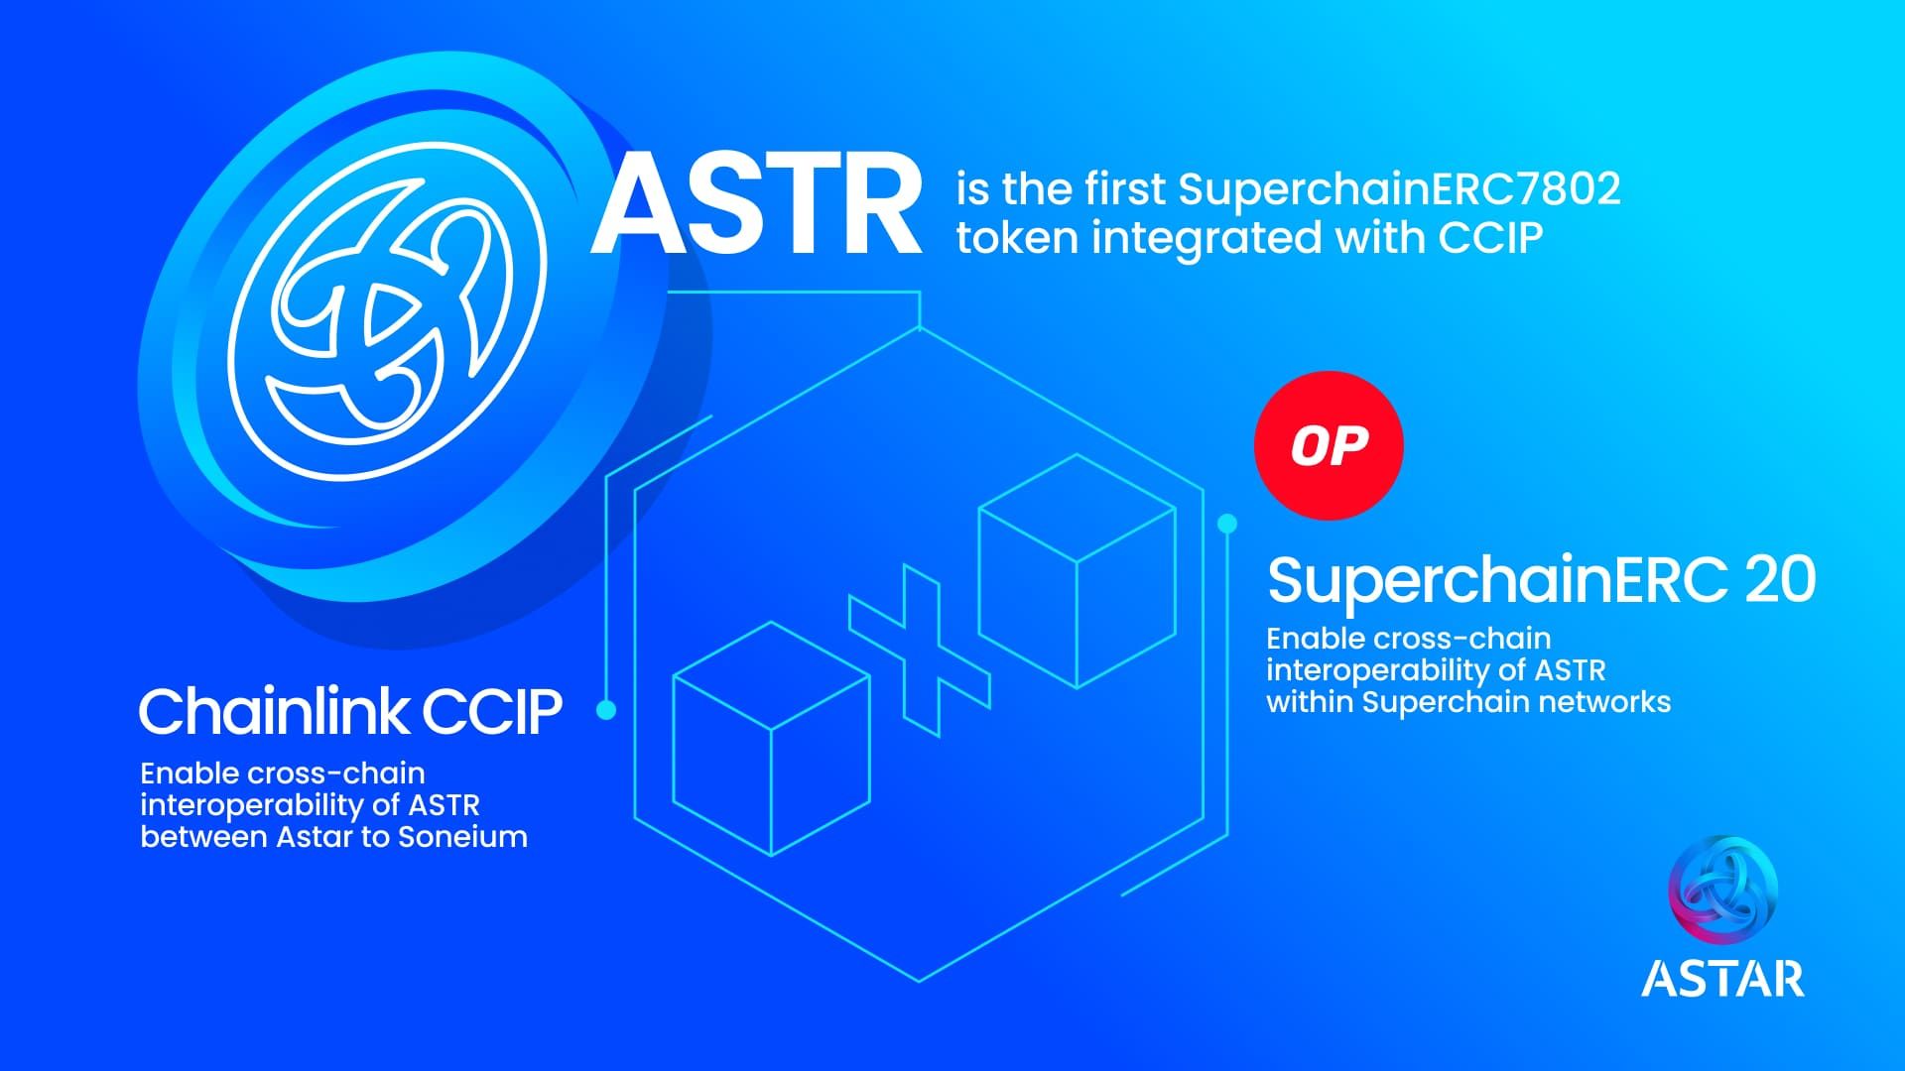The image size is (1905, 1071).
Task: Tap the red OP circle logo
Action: (1329, 445)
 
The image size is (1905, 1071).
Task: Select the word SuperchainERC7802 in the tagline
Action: (1399, 189)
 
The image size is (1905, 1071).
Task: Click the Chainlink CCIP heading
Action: (350, 711)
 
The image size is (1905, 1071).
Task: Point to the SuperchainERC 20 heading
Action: (1541, 580)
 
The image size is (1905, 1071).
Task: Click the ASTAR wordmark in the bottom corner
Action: (1722, 978)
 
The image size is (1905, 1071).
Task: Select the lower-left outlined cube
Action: (772, 739)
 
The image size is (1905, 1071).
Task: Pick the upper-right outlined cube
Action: (1078, 571)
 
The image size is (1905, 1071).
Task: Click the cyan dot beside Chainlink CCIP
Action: (606, 710)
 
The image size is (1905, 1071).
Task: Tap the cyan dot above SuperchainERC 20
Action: (1227, 524)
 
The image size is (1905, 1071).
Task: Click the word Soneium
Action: (462, 837)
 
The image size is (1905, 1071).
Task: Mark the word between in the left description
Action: (203, 837)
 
